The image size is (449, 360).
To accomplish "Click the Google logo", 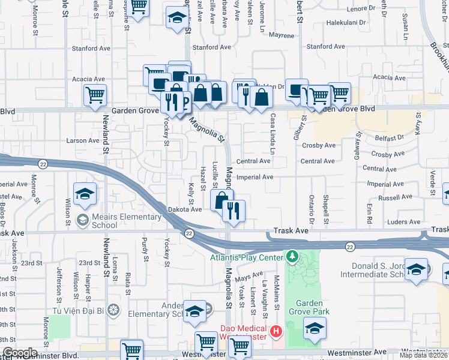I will (x=19, y=353).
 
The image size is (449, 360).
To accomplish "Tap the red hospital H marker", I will (x=276, y=331).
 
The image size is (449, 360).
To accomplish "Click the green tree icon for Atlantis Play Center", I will (x=292, y=257).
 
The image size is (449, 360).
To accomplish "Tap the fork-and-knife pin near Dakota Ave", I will (x=232, y=210).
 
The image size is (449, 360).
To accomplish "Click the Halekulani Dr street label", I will (x=346, y=23).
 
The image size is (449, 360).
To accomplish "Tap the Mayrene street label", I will (x=282, y=35).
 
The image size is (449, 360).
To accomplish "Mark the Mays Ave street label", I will (x=249, y=278).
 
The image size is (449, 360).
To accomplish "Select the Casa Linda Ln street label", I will (x=272, y=134).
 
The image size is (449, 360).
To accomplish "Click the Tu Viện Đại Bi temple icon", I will (x=115, y=310).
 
